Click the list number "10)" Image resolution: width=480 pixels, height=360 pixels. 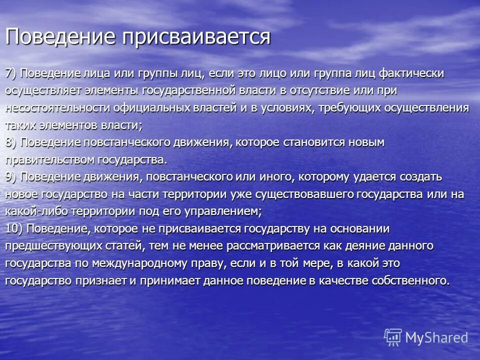click(14, 228)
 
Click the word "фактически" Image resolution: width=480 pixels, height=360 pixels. click(412, 73)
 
